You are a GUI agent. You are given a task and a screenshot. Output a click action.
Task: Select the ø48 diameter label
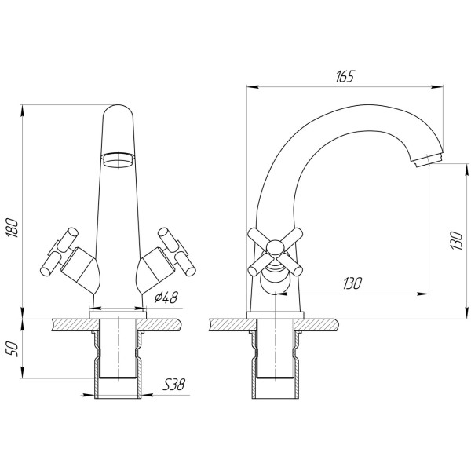click(x=166, y=298)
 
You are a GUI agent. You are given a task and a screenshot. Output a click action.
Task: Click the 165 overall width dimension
click(x=345, y=76)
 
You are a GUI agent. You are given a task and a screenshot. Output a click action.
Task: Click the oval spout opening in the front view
click(x=118, y=161)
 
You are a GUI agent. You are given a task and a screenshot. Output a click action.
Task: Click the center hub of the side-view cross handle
click(x=275, y=250)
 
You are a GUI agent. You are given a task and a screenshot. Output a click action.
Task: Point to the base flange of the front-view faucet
click(x=118, y=312)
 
